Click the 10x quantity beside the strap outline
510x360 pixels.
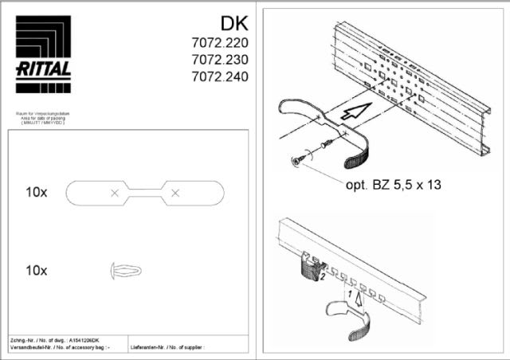coord(37,193)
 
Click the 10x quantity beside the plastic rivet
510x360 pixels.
coord(37,270)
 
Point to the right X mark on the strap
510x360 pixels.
coord(176,193)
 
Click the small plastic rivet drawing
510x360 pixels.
coord(125,270)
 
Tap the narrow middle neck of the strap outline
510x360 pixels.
coord(145,193)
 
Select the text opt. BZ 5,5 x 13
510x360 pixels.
coord(393,185)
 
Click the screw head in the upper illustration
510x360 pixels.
coord(298,162)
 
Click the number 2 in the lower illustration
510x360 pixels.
coord(323,278)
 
